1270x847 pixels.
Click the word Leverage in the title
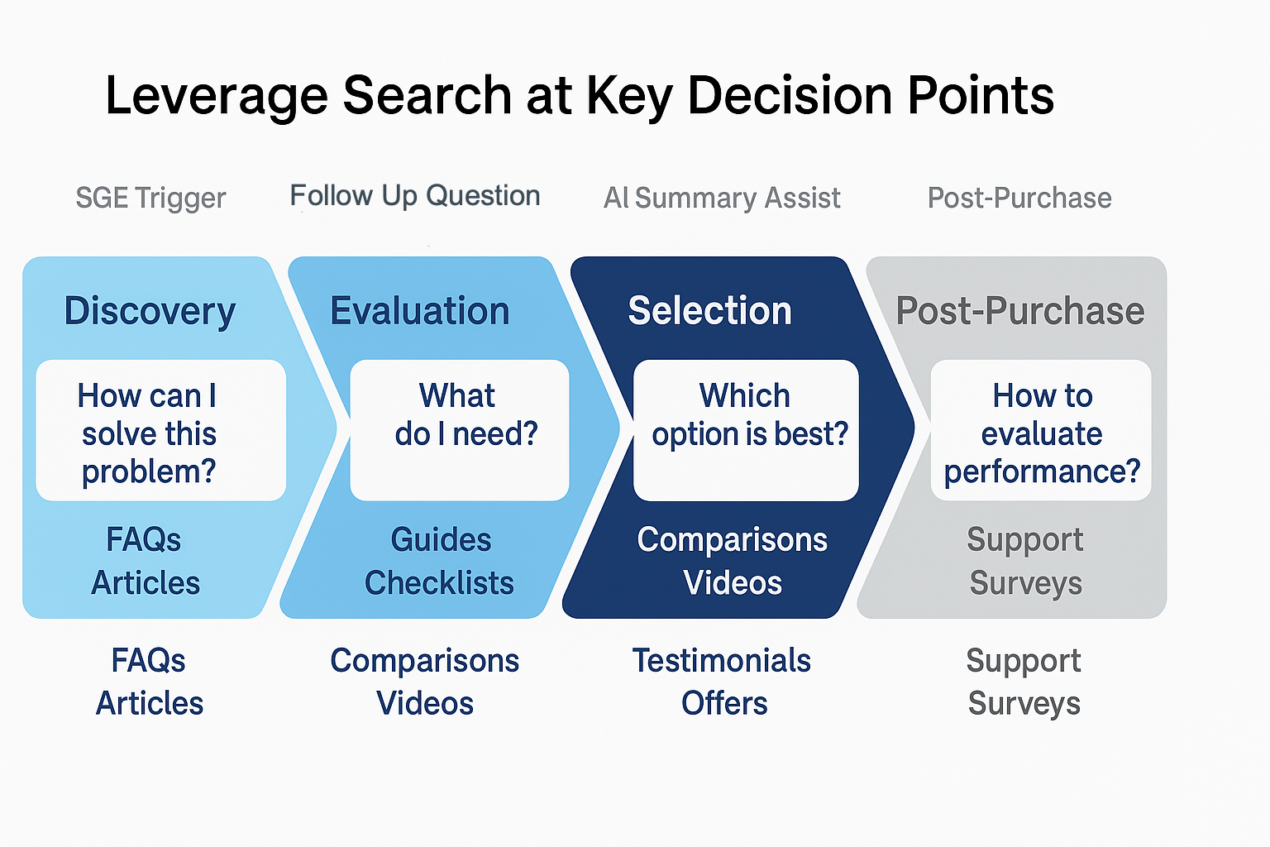(217, 97)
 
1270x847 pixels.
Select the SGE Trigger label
(150, 199)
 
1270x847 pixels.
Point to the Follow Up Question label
(414, 196)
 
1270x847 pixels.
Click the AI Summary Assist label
(722, 198)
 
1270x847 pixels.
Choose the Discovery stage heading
(150, 311)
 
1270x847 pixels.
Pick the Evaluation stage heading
(419, 311)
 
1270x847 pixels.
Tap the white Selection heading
(710, 311)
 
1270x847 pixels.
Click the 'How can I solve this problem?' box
(161, 430)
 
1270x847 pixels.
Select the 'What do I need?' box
(460, 430)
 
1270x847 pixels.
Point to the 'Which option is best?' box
(746, 430)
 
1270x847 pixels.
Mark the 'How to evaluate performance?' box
(1041, 430)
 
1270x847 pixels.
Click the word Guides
(441, 539)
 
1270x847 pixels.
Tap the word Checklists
(439, 582)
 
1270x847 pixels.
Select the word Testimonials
(722, 660)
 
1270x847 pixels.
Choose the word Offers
(724, 703)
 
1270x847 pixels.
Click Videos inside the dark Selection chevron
(733, 582)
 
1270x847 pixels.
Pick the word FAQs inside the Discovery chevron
(143, 539)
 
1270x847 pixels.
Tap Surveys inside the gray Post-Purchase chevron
(1025, 584)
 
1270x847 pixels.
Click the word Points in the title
(981, 95)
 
